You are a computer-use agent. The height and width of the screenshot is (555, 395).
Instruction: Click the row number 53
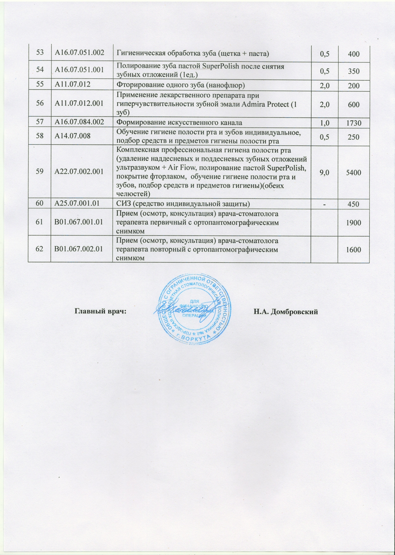[40, 53]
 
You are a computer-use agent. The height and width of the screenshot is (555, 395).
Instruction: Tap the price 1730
[354, 123]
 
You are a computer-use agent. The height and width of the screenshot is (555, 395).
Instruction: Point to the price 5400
[354, 172]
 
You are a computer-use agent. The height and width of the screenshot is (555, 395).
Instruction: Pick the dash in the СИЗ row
[324, 204]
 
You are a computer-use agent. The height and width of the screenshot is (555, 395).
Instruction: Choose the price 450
[354, 204]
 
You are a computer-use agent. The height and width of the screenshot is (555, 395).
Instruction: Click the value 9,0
[324, 172]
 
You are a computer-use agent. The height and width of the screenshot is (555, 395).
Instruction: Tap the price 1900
[354, 222]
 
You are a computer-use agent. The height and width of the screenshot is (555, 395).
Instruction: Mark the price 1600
[354, 249]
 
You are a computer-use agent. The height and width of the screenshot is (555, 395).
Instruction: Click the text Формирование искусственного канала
[179, 122]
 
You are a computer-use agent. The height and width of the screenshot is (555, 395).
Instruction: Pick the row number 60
[40, 203]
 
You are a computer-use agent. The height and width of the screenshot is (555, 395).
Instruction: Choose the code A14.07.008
[73, 136]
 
